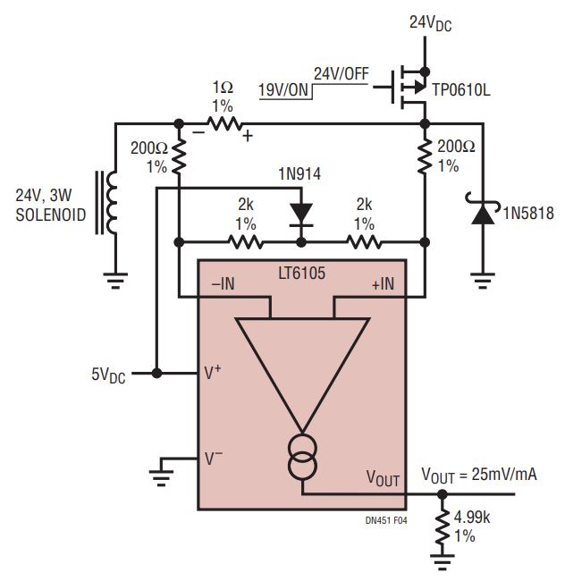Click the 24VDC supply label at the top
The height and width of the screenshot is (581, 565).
(430, 23)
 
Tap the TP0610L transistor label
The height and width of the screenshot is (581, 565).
(461, 90)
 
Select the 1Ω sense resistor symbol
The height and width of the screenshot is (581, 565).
(224, 123)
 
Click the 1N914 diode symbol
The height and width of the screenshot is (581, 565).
(301, 215)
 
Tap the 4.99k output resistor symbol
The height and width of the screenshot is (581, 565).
(442, 526)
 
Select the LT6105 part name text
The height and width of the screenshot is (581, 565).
(301, 274)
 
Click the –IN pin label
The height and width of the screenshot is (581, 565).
(223, 284)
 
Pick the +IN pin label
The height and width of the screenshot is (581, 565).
(383, 284)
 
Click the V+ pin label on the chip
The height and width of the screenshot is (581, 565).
(213, 373)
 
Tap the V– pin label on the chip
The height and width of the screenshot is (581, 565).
(214, 458)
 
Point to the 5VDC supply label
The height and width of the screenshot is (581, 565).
(108, 375)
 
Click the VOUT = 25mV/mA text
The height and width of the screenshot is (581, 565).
(479, 476)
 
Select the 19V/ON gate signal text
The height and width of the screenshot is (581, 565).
(283, 90)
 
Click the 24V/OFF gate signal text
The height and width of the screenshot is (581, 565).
(342, 73)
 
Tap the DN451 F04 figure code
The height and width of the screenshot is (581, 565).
(386, 520)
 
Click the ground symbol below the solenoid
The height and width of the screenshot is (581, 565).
(115, 281)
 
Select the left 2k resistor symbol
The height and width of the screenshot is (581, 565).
(246, 242)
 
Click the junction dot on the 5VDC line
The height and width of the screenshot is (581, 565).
(157, 373)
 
